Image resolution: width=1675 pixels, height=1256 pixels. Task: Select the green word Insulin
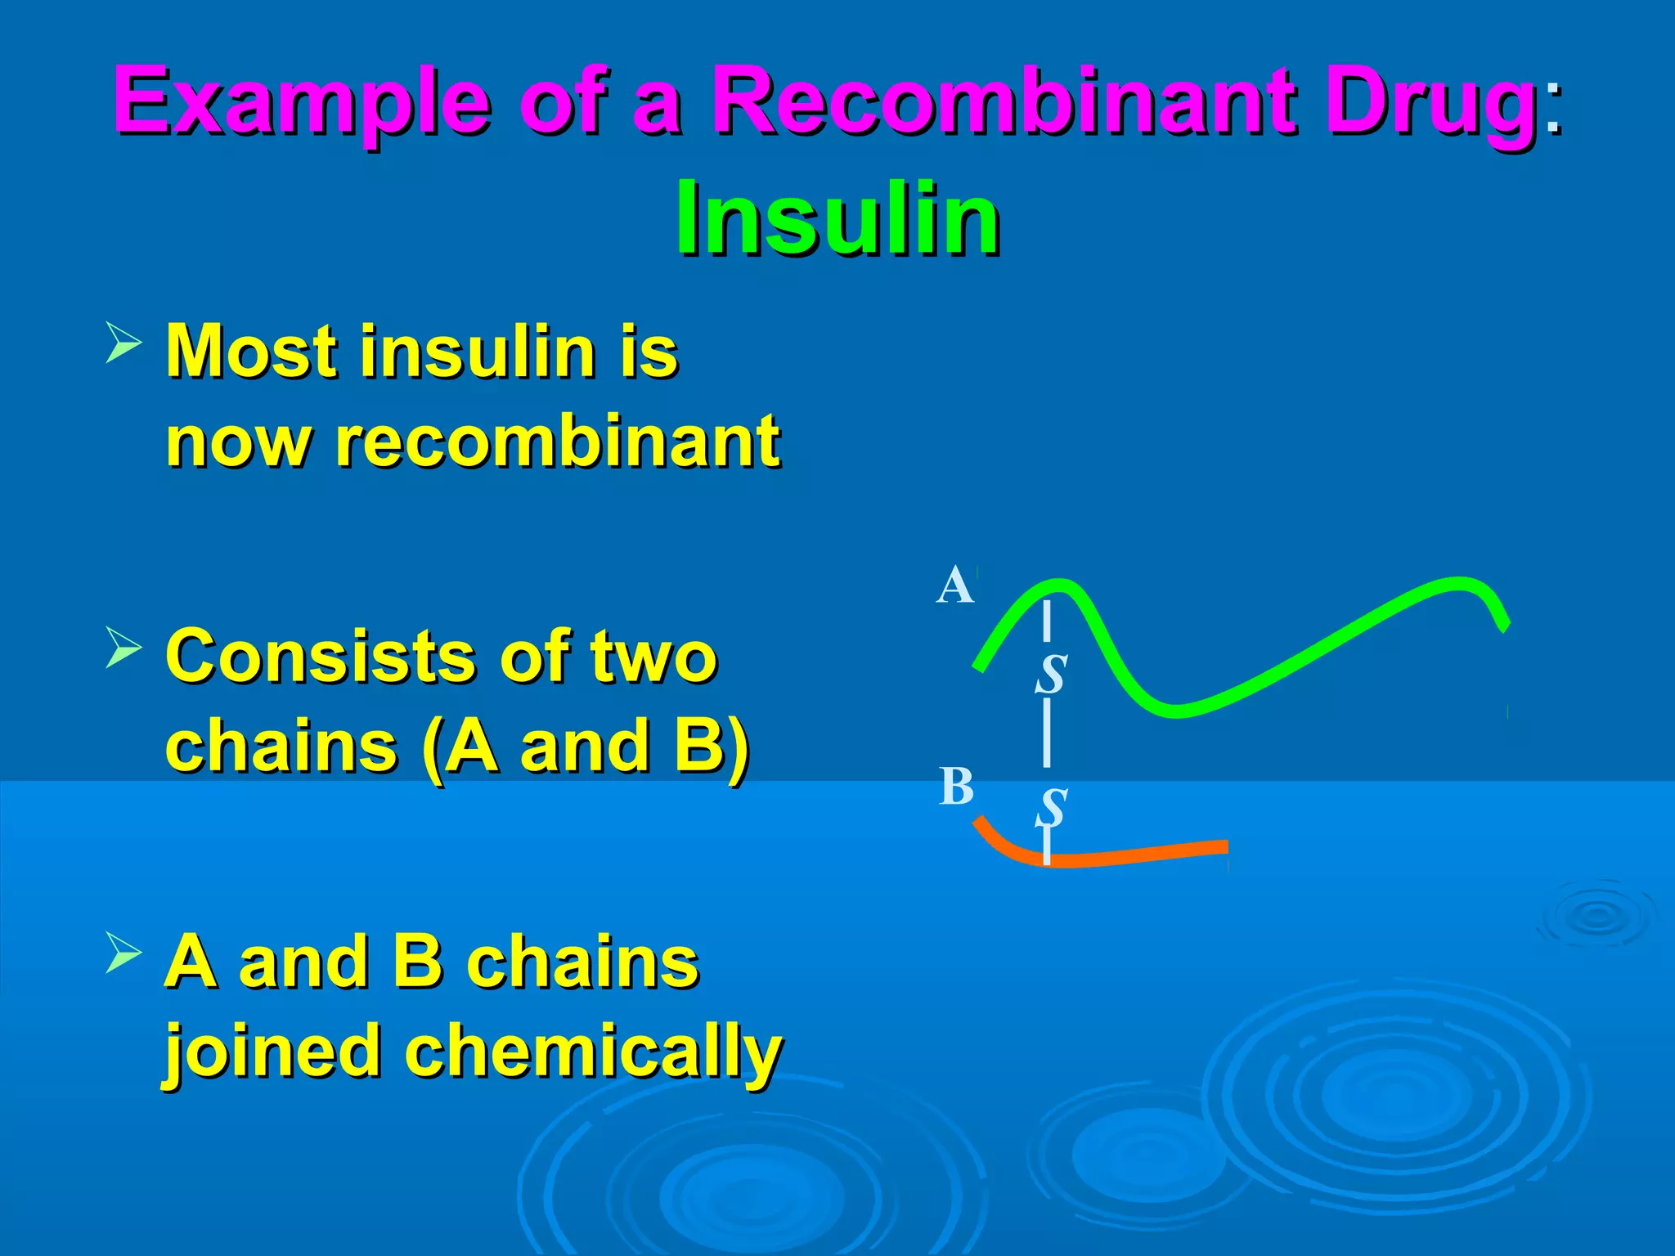(837, 218)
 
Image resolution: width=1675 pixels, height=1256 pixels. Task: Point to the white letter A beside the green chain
(954, 585)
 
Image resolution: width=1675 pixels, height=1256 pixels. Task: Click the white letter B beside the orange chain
(956, 787)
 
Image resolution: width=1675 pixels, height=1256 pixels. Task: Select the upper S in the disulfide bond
(1051, 675)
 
